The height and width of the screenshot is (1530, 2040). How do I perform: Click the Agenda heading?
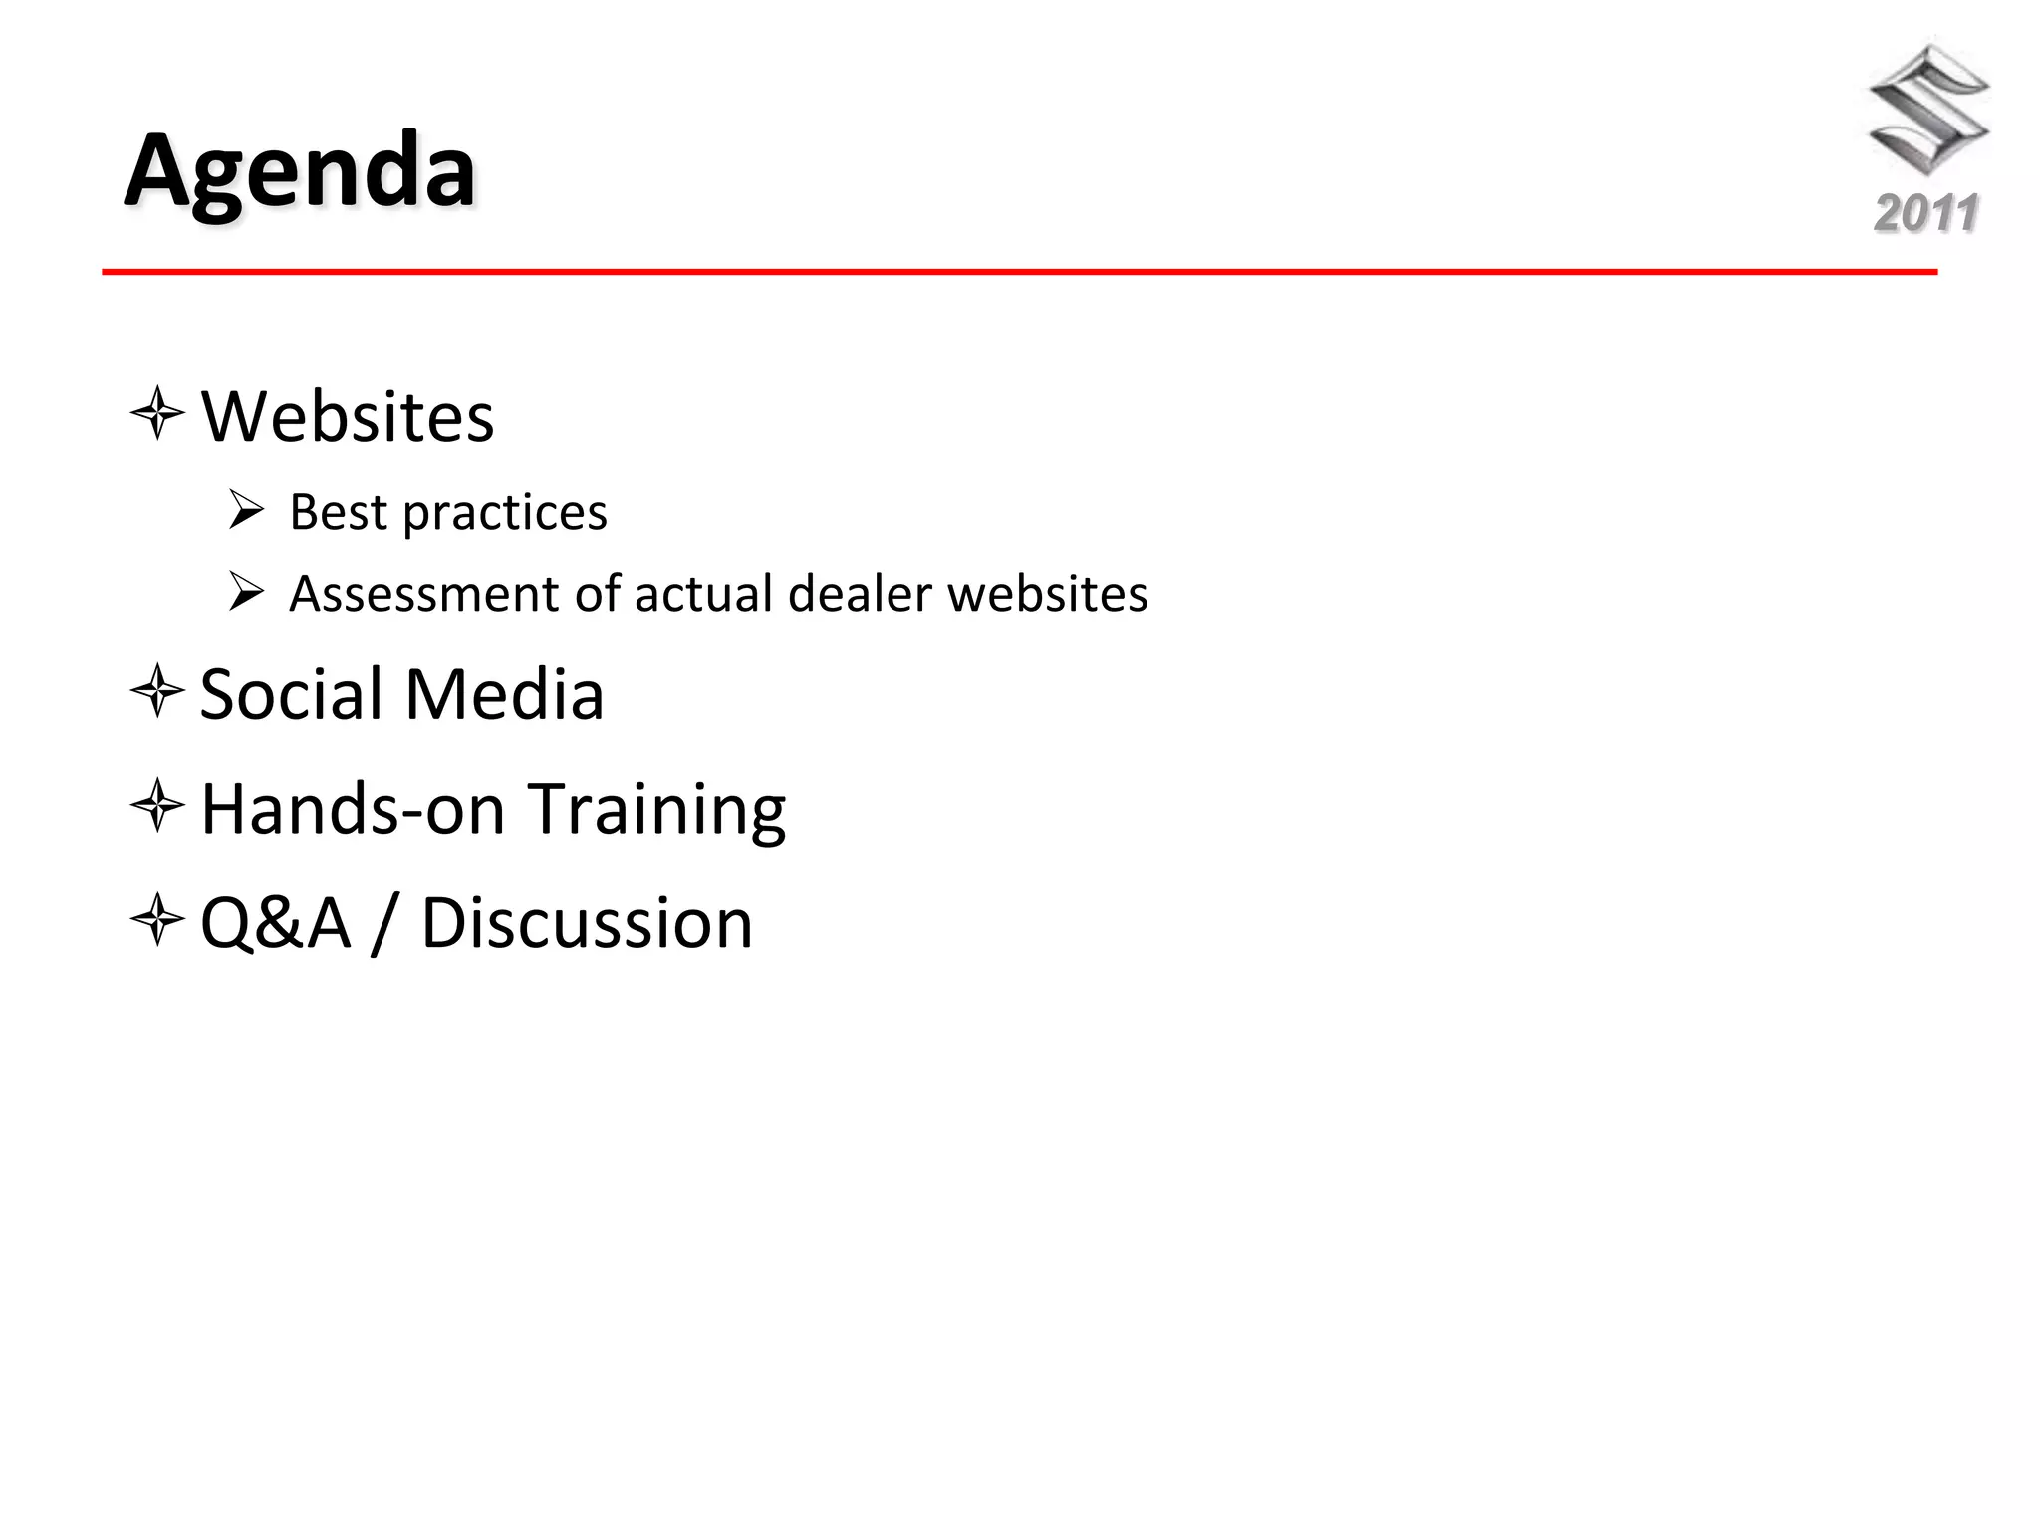300,172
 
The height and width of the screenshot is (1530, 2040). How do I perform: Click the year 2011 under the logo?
1925,214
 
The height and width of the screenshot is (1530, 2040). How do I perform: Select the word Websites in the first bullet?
348,416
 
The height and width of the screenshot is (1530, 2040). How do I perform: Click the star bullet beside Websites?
157,413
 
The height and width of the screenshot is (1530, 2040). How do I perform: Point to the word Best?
338,512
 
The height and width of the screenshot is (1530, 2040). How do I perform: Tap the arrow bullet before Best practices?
245,509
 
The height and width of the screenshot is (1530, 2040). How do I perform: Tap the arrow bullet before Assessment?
245,591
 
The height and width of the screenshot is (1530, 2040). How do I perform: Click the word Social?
292,694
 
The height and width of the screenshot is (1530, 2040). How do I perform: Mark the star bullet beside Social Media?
157,691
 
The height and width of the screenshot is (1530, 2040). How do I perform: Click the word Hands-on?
354,808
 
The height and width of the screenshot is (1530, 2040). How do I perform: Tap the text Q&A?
276,923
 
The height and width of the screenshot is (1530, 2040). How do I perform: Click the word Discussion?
587,923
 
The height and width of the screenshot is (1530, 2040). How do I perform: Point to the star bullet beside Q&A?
157,919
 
